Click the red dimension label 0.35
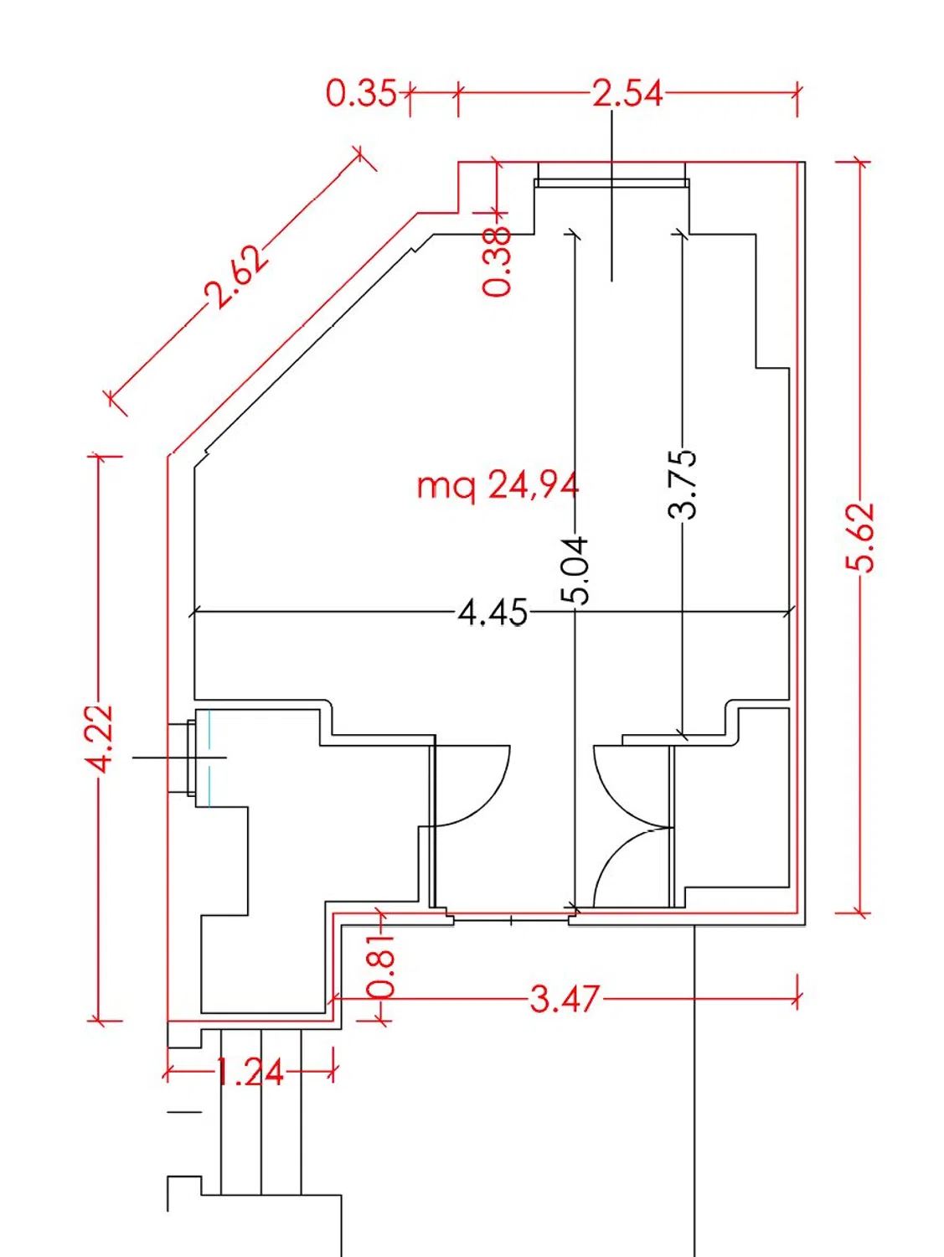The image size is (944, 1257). click(361, 93)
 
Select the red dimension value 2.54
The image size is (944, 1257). click(627, 93)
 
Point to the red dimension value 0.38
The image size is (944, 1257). click(496, 261)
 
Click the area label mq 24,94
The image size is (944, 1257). click(498, 487)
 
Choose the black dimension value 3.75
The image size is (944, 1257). click(683, 484)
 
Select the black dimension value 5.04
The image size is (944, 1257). click(574, 571)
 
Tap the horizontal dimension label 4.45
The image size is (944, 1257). click(493, 613)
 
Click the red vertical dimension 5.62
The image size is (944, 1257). click(860, 537)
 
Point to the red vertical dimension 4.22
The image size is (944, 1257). click(98, 739)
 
